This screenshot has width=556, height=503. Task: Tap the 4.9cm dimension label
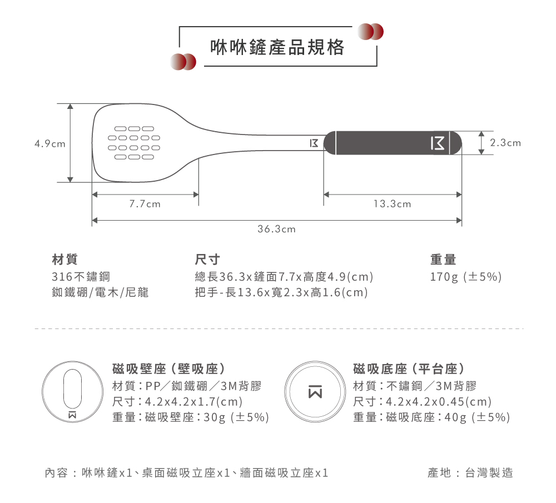pos(49,143)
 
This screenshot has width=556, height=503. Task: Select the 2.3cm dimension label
pos(505,143)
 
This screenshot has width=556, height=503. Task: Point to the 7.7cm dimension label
pos(145,204)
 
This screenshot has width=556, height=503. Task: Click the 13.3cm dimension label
pos(393,204)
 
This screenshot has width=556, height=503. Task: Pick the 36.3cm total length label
pos(277,229)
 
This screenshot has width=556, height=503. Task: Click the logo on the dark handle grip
pos(438,143)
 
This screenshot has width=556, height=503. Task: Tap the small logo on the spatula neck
pos(314,143)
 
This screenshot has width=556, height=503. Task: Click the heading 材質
pos(64,259)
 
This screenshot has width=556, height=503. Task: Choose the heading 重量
pos(443,259)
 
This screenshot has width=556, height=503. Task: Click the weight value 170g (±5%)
pos(466,277)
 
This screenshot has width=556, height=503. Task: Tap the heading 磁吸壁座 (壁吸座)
pos(168,368)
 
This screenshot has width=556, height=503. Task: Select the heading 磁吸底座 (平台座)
pos(410,368)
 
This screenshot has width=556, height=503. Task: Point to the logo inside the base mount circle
pos(314,391)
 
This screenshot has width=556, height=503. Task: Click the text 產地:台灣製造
pos(470,473)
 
